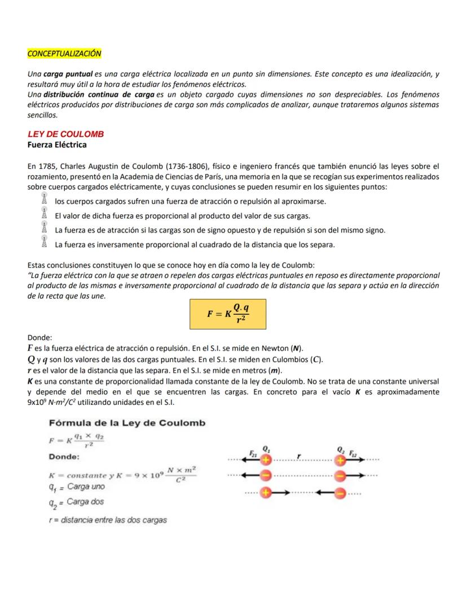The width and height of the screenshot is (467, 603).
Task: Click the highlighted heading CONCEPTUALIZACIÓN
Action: pos(64,53)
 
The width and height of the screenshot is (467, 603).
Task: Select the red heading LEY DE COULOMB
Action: pos(65,135)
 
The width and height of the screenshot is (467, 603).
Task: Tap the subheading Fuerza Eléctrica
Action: pos(57,145)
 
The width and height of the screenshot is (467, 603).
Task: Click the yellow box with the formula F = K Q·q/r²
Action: pos(228,314)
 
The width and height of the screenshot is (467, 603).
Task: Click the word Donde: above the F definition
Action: pos(39,338)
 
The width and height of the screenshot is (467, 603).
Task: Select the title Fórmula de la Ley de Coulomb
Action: pos(127,423)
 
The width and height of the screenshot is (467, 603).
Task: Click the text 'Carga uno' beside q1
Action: pos(86,486)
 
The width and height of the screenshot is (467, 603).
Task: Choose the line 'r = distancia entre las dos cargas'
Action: pos(108,520)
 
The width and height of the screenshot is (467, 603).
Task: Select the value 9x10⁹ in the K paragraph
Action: pos(37,403)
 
